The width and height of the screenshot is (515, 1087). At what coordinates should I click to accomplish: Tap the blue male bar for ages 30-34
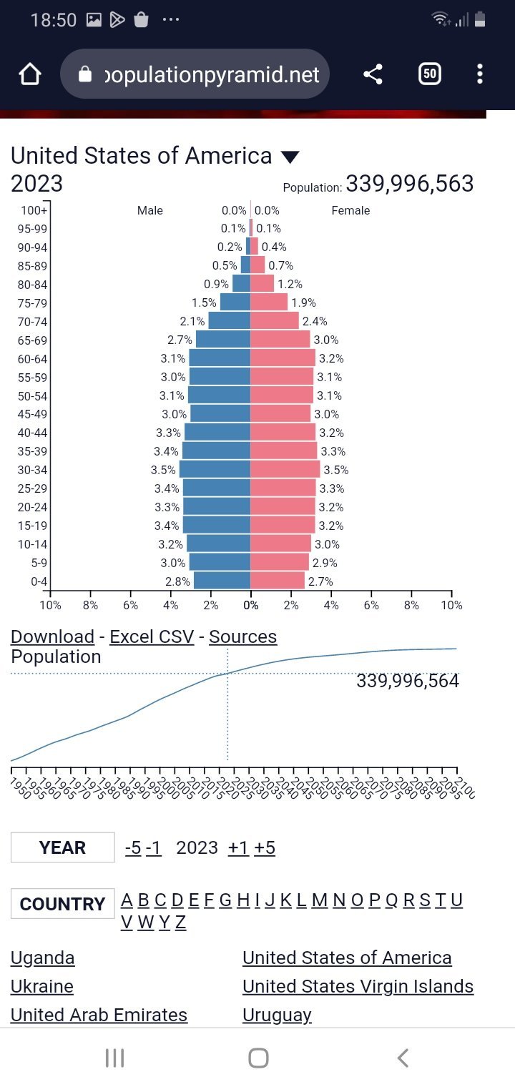(215, 469)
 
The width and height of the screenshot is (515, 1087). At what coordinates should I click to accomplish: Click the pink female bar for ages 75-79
(268, 302)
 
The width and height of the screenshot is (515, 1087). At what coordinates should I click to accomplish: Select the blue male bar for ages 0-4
(222, 581)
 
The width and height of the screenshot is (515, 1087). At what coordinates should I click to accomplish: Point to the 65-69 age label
(32, 340)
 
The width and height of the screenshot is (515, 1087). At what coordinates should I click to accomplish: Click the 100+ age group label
(34, 210)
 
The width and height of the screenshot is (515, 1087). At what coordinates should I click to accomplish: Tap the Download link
(52, 636)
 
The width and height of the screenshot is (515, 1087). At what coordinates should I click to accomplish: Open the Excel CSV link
(152, 636)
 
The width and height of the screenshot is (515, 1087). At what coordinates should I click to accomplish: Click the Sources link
(242, 636)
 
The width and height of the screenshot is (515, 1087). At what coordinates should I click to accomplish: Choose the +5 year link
(264, 847)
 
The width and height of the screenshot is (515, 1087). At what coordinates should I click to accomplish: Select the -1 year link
(154, 847)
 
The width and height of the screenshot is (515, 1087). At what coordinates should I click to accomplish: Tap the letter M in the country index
(319, 900)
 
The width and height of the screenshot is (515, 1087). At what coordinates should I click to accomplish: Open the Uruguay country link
(277, 1015)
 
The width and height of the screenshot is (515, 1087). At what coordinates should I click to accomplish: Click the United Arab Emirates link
(99, 1015)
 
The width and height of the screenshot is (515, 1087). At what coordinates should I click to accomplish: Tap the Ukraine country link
(42, 986)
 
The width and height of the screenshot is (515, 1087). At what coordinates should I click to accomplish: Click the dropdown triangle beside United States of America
(290, 157)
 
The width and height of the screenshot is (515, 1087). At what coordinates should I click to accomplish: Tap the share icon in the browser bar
(373, 74)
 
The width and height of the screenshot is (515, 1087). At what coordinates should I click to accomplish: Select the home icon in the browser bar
(29, 74)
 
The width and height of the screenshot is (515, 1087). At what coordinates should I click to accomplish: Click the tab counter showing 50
(429, 74)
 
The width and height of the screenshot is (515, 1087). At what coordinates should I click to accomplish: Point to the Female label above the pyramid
(350, 210)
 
